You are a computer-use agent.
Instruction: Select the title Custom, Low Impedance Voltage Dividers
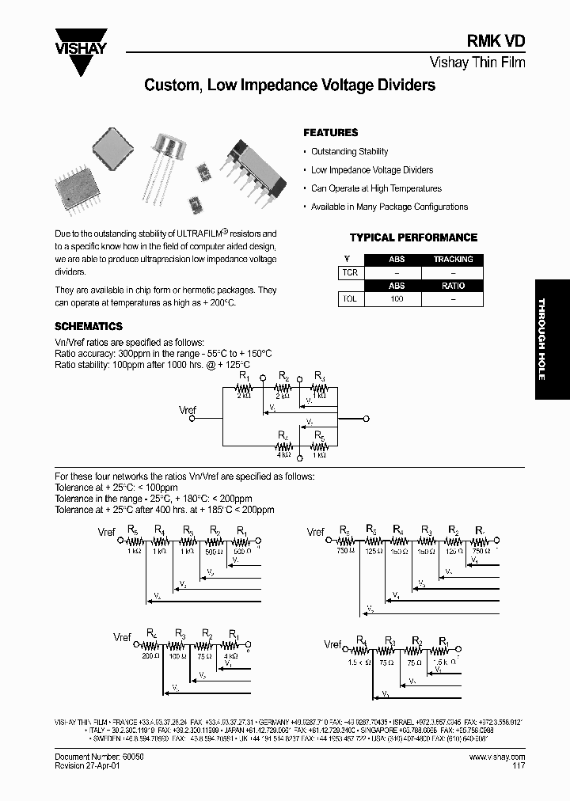[290, 85]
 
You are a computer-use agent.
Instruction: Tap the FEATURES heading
[331, 133]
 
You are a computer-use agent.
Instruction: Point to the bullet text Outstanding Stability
[349, 152]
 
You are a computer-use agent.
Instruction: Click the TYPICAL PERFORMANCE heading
[413, 237]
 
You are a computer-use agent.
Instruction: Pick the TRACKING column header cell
[453, 259]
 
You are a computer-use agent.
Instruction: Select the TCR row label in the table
[349, 272]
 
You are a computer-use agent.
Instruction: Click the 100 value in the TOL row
[397, 299]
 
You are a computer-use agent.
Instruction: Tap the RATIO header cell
[453, 286]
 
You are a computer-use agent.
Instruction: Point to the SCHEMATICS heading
[88, 326]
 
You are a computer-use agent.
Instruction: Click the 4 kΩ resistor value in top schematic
[283, 455]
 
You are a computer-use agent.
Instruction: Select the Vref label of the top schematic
[188, 412]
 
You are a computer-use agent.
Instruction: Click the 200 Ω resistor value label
[150, 655]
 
